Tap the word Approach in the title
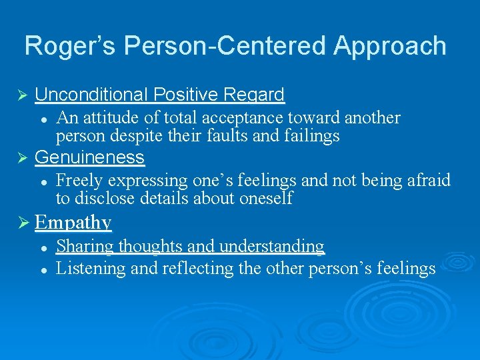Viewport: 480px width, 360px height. point(389,46)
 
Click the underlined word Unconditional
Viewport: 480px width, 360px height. point(93,95)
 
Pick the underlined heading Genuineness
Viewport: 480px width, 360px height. point(89,157)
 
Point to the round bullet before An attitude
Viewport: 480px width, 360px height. point(43,119)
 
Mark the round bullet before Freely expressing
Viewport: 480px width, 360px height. point(43,181)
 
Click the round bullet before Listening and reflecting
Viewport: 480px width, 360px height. point(43,269)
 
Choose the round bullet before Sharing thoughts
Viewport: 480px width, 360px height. point(43,247)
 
